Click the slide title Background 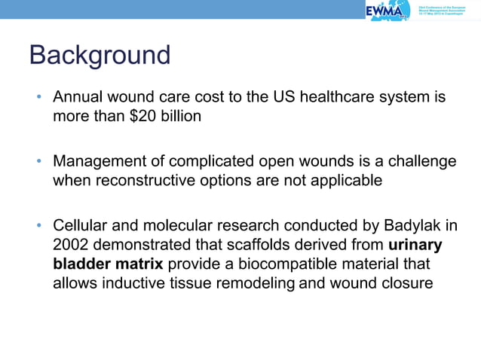99,56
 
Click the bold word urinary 415,244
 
